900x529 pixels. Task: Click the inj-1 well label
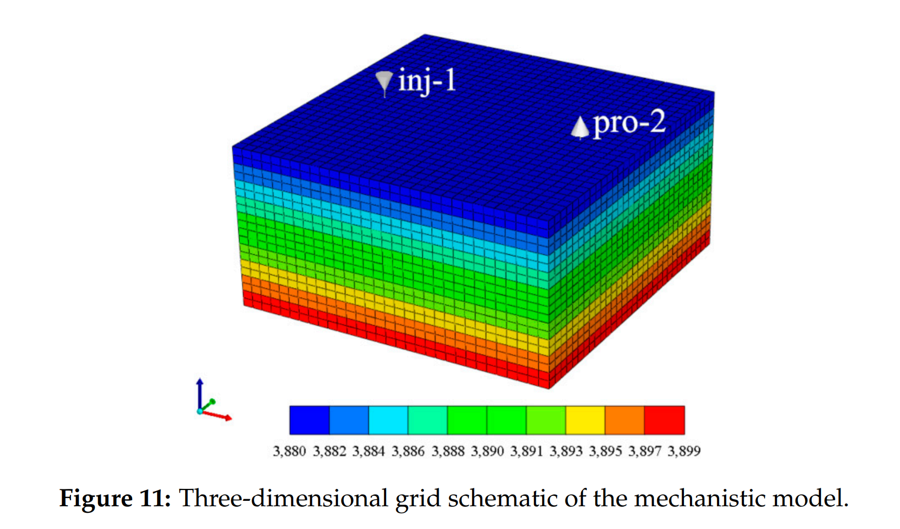coord(427,81)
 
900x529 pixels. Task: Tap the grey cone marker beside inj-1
coord(384,82)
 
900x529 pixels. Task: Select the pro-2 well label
coord(629,124)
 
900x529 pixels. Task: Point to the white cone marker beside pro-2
coord(580,127)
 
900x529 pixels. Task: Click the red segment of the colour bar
coord(664,420)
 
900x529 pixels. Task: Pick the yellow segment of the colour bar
coord(585,420)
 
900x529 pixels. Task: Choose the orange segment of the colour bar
coord(624,420)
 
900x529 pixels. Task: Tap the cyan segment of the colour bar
coord(388,420)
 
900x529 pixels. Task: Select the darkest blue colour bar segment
coord(309,420)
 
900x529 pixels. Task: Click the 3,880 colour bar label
coord(289,451)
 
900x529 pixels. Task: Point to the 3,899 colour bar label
coord(684,451)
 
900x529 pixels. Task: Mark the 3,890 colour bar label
coord(487,451)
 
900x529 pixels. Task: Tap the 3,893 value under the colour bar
coord(566,451)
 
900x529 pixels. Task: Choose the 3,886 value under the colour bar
coord(408,451)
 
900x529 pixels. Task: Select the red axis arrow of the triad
coord(219,416)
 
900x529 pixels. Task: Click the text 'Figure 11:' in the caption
coord(115,498)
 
